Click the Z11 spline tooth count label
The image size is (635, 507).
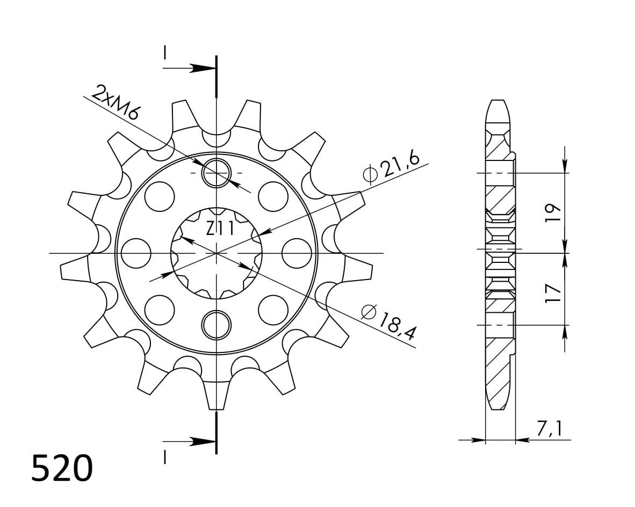pyautogui.click(x=220, y=230)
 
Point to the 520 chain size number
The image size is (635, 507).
pyautogui.click(x=62, y=468)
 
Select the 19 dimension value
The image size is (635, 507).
pyautogui.click(x=553, y=212)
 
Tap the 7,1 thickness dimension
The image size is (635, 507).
pyautogui.click(x=549, y=428)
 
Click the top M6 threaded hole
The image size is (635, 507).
pyautogui.click(x=216, y=173)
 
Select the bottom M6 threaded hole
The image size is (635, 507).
pyautogui.click(x=216, y=325)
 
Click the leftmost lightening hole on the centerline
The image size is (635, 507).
pyautogui.click(x=136, y=253)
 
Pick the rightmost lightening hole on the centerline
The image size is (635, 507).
pyautogui.click(x=297, y=253)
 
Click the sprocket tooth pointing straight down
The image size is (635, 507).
pyautogui.click(x=216, y=397)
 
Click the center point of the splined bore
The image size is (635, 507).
pyautogui.click(x=216, y=253)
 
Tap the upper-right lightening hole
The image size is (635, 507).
pyautogui.click(x=273, y=196)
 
